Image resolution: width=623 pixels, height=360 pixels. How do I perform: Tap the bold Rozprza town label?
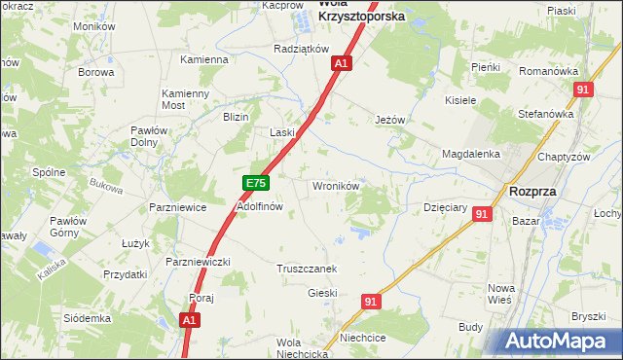tap(532, 192)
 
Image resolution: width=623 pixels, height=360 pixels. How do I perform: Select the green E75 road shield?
tap(255, 183)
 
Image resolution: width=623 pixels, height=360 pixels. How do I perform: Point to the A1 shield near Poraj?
tap(191, 318)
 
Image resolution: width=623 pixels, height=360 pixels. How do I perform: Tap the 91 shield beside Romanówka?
tap(583, 90)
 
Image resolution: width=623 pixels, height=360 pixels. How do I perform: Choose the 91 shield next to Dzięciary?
tap(482, 214)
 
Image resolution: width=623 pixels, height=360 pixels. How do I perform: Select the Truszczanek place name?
tap(307, 269)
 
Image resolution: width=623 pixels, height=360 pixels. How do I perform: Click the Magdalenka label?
tap(470, 154)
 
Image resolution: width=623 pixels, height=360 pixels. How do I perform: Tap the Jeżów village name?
tap(389, 120)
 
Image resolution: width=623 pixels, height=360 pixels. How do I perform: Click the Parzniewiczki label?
tap(198, 262)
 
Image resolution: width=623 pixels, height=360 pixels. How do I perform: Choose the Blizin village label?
tap(237, 116)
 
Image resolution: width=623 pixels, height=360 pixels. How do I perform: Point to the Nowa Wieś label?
tap(500, 294)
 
